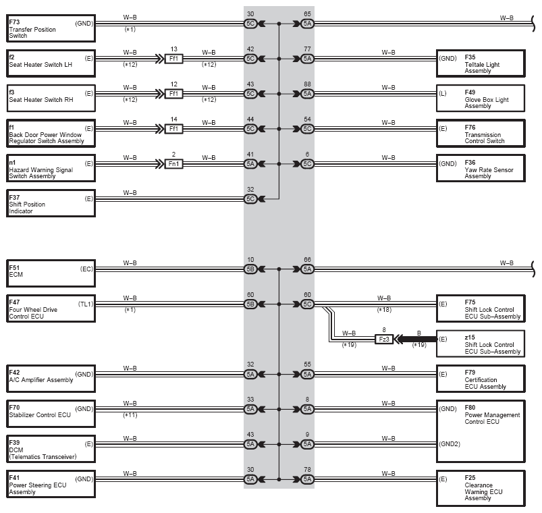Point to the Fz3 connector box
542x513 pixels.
tap(384, 339)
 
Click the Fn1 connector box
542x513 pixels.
tap(173, 164)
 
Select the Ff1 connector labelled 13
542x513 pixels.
tap(173, 59)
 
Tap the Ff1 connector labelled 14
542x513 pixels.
tap(173, 129)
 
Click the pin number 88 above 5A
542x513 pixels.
tap(307, 84)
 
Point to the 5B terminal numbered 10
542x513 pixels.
tap(250, 269)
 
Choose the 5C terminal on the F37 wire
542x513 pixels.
tap(250, 198)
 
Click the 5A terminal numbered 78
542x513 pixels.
tap(307, 479)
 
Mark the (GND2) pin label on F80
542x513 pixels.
tap(450, 444)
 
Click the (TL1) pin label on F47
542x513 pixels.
tap(86, 304)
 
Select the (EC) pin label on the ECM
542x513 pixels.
tap(87, 269)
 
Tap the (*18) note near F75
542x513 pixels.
tap(384, 310)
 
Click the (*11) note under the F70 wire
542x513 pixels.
tap(130, 415)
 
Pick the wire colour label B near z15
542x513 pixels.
tap(419, 333)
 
